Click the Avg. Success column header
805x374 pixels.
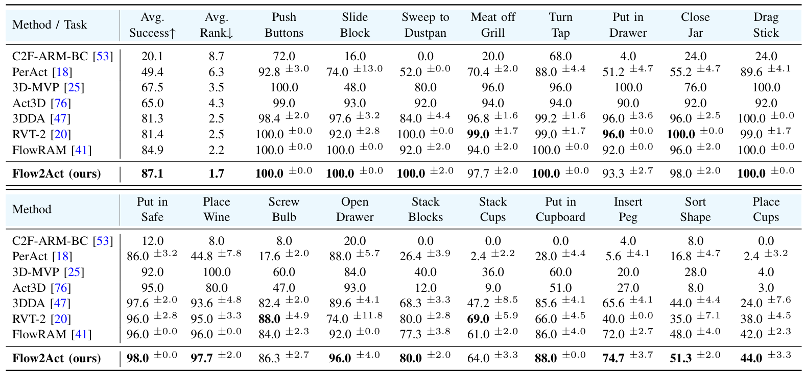pyautogui.click(x=152, y=25)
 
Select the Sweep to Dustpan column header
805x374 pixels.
pyautogui.click(x=425, y=25)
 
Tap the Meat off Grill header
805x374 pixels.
pyautogui.click(x=493, y=25)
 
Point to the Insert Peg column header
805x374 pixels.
pyautogui.click(x=628, y=209)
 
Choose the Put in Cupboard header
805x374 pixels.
pyautogui.click(x=560, y=209)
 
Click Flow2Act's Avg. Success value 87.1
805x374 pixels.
pyautogui.click(x=152, y=173)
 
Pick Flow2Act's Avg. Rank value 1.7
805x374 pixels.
pyautogui.click(x=217, y=173)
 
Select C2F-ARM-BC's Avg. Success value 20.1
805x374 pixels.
pyautogui.click(x=152, y=56)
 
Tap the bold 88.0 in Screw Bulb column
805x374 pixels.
pyautogui.click(x=269, y=319)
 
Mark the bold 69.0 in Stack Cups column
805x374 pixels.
pyautogui.click(x=478, y=319)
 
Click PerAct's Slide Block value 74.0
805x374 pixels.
pyautogui.click(x=337, y=72)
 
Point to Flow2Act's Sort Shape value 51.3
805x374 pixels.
pyautogui.click(x=681, y=358)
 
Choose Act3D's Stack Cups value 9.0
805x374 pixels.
pyautogui.click(x=493, y=288)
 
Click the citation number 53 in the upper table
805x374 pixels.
pyautogui.click(x=103, y=56)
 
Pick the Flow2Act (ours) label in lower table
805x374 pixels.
pyautogui.click(x=56, y=358)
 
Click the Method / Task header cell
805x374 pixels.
pyautogui.click(x=50, y=25)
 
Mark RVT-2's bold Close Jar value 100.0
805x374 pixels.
pyautogui.click(x=681, y=134)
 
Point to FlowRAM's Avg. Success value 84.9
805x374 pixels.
pyautogui.click(x=152, y=150)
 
